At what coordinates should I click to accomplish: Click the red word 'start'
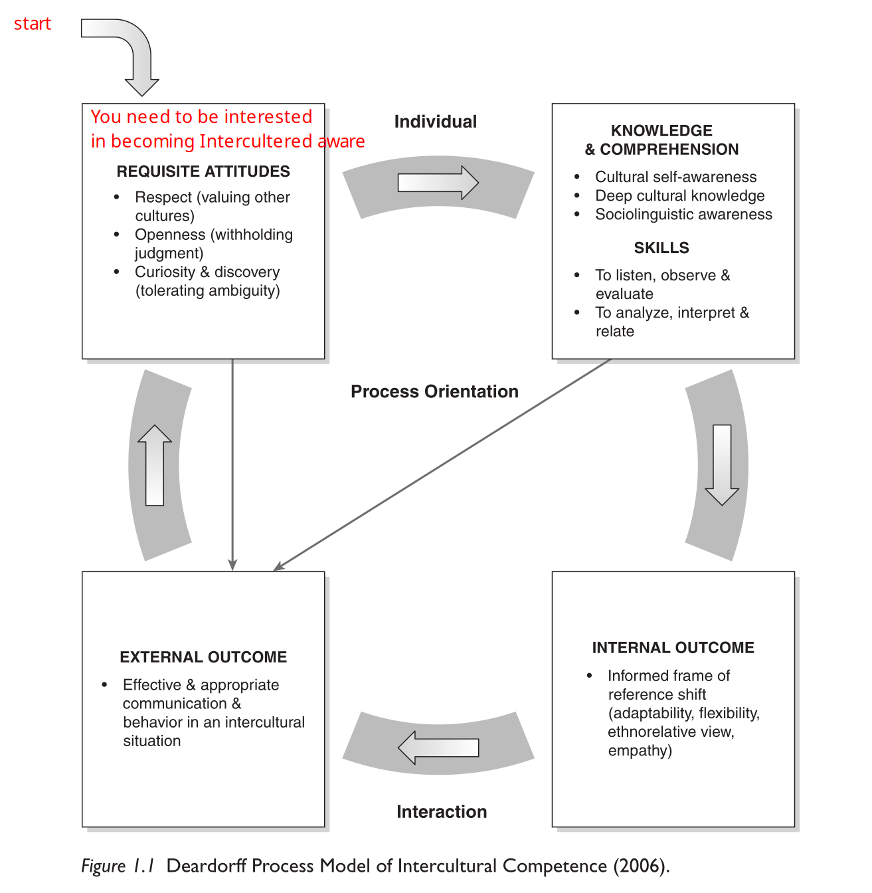(33, 24)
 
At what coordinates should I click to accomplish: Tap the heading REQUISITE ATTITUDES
(203, 171)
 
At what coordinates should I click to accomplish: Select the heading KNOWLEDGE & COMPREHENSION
(661, 140)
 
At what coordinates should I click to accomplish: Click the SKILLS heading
(661, 248)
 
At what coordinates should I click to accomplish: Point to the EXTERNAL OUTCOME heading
(203, 657)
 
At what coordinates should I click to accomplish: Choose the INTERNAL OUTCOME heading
(673, 648)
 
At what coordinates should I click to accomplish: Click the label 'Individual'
(436, 122)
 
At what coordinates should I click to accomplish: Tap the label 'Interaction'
(442, 811)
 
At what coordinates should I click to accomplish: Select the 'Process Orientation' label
(434, 391)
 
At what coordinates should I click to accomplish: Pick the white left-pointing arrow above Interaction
(438, 747)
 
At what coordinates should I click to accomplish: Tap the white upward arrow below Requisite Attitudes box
(155, 465)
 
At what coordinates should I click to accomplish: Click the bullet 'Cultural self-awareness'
(675, 177)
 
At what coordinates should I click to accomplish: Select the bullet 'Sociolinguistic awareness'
(683, 214)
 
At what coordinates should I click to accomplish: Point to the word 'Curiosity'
(165, 272)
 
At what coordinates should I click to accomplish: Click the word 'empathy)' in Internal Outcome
(640, 750)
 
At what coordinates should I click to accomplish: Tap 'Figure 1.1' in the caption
(118, 866)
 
